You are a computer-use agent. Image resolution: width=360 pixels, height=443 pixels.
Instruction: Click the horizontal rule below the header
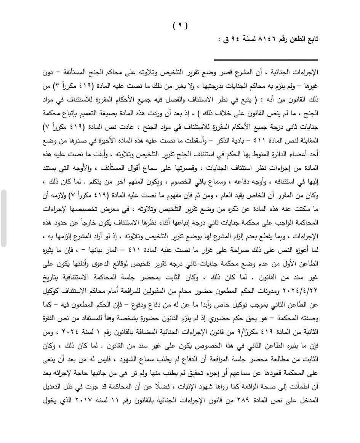pyautogui.click(x=266, y=60)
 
